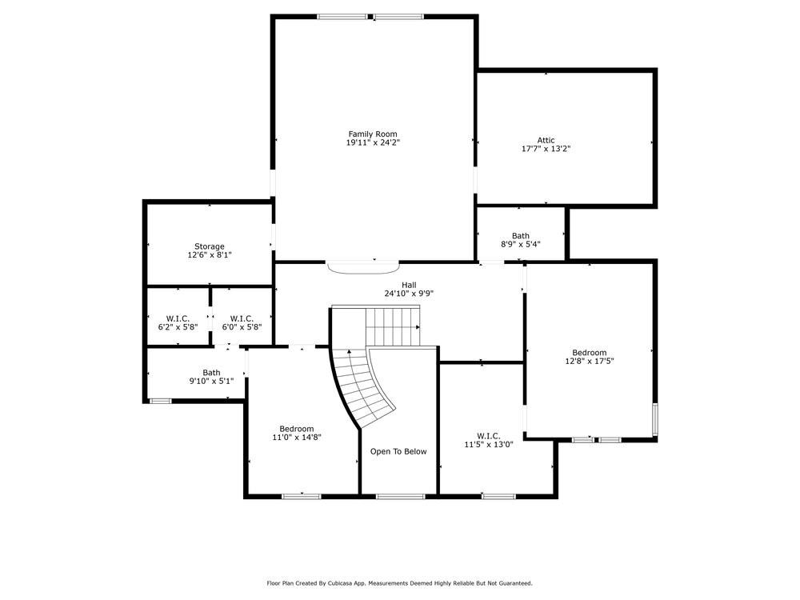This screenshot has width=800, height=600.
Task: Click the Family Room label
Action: click(372, 134)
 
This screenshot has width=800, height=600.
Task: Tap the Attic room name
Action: click(546, 140)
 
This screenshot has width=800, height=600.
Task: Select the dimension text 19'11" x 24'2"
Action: click(372, 142)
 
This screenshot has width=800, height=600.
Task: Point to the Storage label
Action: click(210, 246)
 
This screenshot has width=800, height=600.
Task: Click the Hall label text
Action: click(409, 285)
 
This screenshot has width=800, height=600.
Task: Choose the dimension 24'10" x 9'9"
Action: click(409, 294)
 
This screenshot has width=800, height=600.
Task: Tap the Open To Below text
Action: click(398, 451)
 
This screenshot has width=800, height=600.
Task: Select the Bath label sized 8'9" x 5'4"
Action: click(521, 235)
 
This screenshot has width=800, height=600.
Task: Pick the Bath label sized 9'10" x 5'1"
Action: click(211, 372)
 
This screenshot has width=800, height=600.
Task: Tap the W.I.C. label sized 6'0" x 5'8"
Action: click(242, 318)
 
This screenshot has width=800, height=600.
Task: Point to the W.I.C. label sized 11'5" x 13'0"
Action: click(489, 435)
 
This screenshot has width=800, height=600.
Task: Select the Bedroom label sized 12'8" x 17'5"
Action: click(589, 352)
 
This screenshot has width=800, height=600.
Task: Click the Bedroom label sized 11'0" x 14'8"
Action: click(296, 428)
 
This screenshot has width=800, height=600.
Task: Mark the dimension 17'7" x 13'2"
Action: click(546, 149)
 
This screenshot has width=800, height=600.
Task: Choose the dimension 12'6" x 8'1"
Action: click(210, 255)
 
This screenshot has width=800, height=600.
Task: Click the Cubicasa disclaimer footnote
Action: click(399, 583)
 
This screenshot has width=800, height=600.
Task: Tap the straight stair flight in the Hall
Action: click(392, 326)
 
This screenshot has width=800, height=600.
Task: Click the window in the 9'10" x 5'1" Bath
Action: click(160, 400)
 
